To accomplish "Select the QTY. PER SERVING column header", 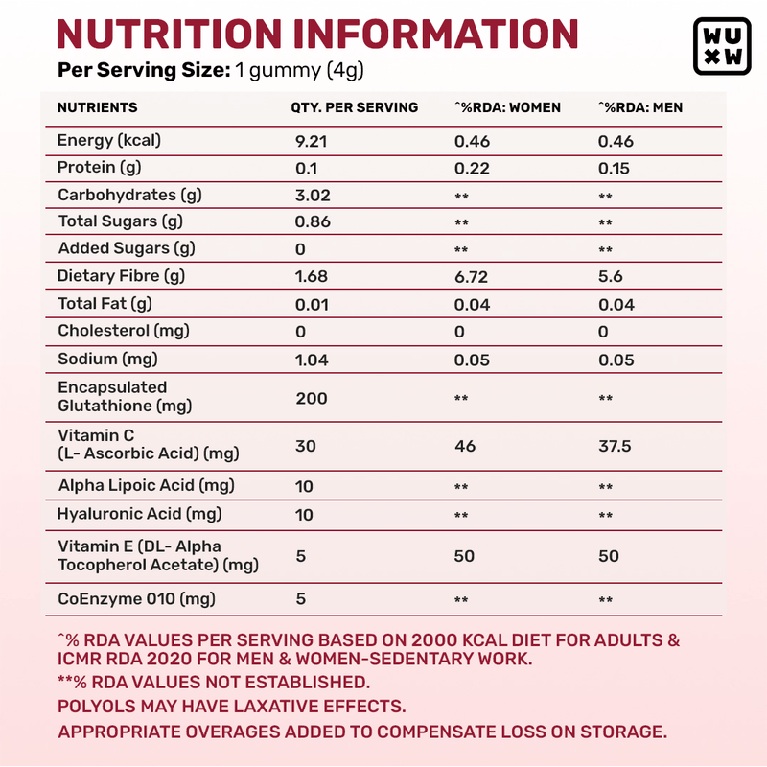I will tap(354, 108).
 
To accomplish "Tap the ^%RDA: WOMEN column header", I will tap(507, 108).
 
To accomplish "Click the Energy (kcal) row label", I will tap(109, 141).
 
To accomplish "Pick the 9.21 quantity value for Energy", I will tap(312, 141).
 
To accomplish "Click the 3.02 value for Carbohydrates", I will tap(313, 196).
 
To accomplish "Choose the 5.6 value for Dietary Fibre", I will tap(611, 277).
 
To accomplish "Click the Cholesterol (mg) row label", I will tap(124, 331).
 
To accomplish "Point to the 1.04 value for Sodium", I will tap(312, 360).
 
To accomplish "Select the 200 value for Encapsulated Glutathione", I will tap(312, 397).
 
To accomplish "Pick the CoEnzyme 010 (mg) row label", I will tap(136, 599).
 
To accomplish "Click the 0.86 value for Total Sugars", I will tap(313, 222).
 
